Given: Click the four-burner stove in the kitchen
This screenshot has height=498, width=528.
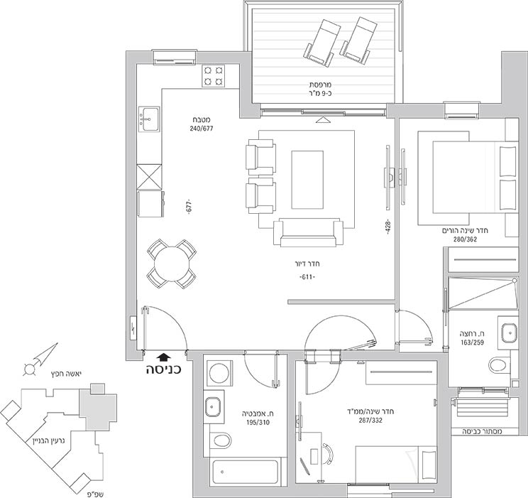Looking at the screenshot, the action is [214, 76].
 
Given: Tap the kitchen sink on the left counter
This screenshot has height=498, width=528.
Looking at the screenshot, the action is [148, 119].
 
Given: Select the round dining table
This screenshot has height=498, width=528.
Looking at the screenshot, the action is [172, 264].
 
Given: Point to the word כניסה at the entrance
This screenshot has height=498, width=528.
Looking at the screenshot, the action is [164, 369].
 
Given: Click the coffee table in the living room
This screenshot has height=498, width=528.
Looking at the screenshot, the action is [307, 180].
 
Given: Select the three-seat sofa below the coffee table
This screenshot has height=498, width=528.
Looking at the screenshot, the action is [309, 232].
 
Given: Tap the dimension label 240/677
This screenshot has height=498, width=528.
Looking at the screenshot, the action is [202, 129].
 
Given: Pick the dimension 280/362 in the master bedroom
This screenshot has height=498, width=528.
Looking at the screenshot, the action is [465, 239].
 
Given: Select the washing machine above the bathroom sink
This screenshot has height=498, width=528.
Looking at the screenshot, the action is [219, 373].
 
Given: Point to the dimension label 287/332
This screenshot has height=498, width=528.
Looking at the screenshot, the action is [370, 421].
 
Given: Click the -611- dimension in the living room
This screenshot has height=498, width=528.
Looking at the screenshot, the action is [307, 277].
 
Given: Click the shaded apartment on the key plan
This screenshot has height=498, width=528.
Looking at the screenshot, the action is [98, 408].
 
